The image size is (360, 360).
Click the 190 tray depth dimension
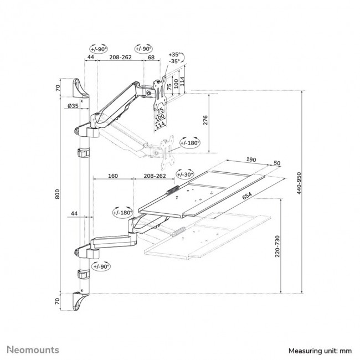251,159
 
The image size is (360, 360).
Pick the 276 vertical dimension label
205,122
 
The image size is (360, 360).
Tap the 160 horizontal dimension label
113,177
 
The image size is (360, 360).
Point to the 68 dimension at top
151,57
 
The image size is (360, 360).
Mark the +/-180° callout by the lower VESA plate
189,142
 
